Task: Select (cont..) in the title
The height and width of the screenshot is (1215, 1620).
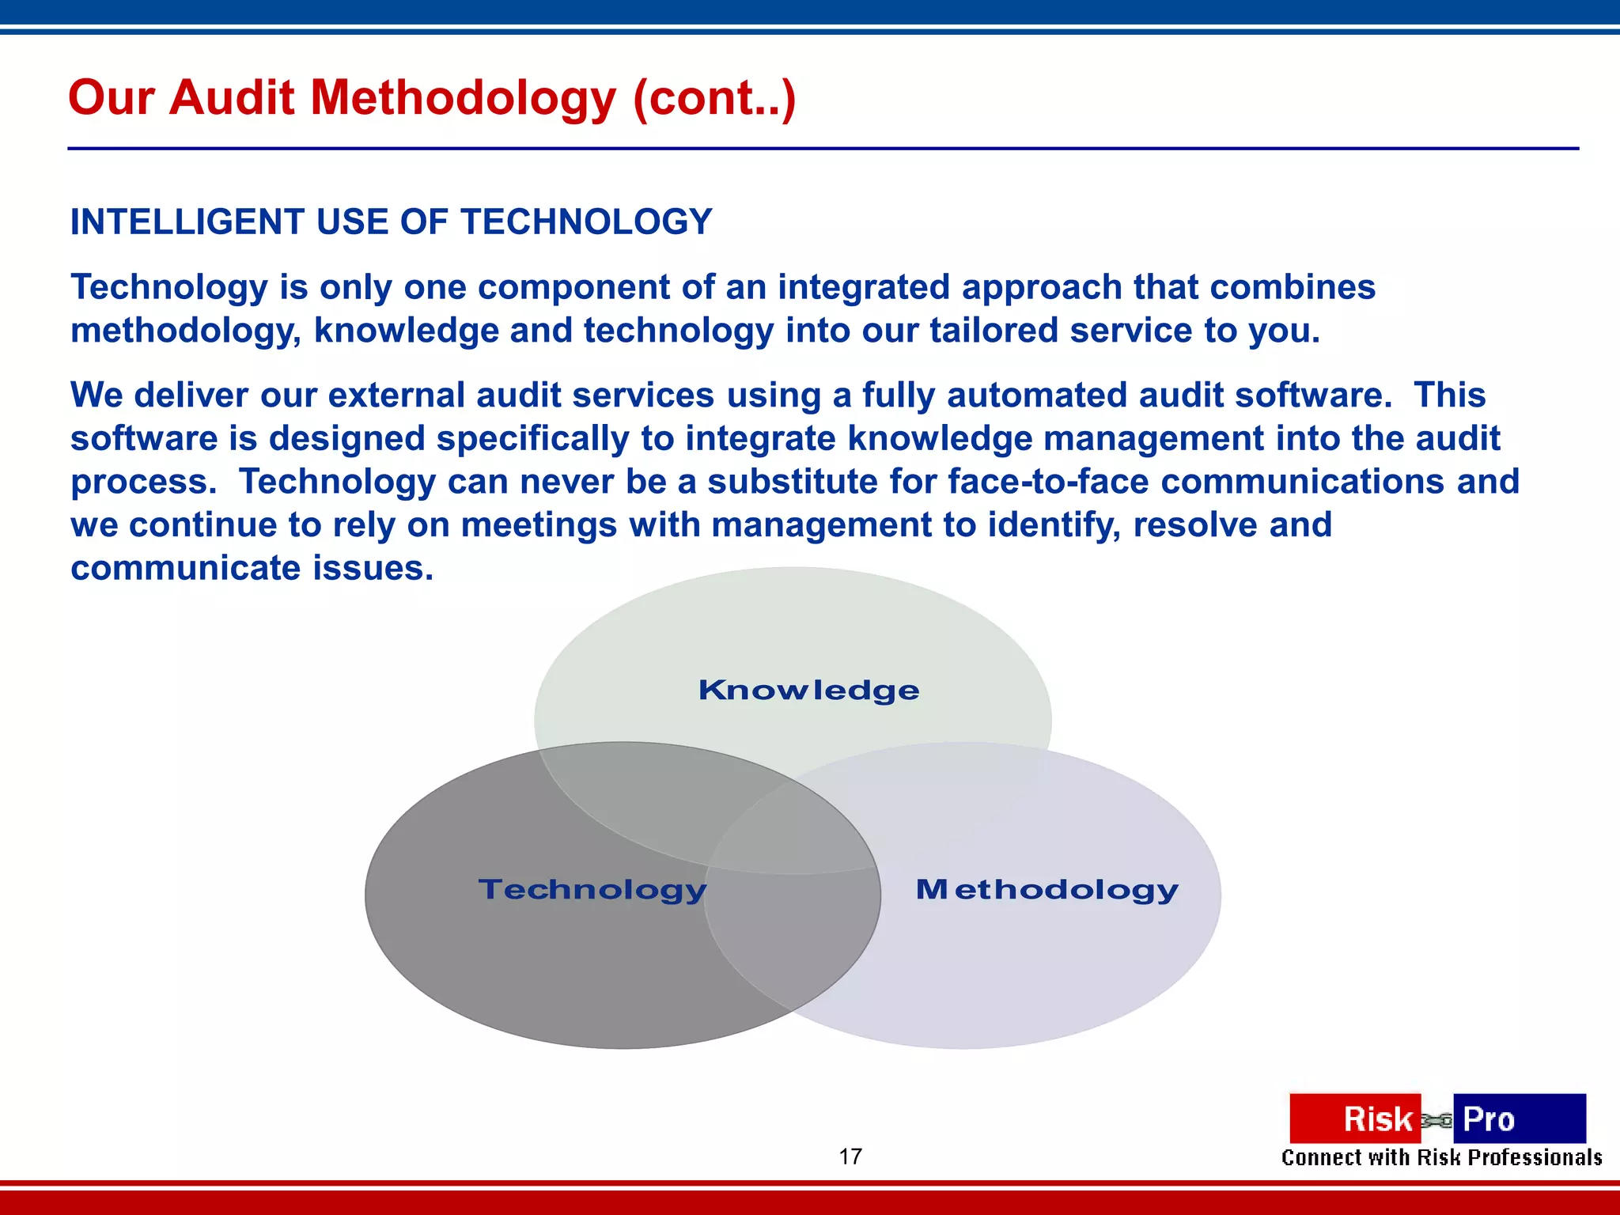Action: (x=713, y=99)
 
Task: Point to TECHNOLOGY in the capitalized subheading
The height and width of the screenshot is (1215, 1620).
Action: (x=586, y=222)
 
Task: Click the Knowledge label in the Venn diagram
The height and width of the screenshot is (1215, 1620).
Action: (x=808, y=691)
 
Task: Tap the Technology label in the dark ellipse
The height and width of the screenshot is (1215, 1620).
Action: (x=592, y=890)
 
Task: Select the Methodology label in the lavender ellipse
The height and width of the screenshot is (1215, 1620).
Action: (x=1047, y=890)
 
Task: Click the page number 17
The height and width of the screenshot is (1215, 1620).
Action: (x=850, y=1156)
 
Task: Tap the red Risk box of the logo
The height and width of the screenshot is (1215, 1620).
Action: (x=1354, y=1118)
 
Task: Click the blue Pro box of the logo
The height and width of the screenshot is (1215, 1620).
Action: (x=1519, y=1118)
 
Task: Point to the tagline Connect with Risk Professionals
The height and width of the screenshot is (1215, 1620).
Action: (x=1441, y=1158)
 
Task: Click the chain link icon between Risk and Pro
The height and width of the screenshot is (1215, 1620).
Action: (x=1436, y=1120)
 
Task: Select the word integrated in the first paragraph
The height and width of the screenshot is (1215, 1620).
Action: (x=863, y=287)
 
